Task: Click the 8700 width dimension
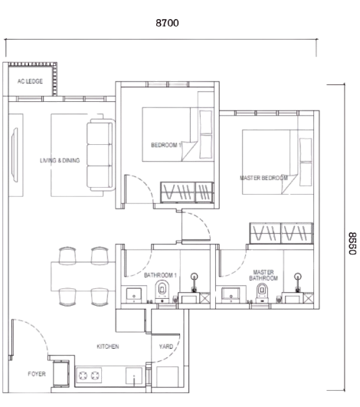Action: pos(167,23)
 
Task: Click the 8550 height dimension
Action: pos(352,243)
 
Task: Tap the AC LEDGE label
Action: pos(30,81)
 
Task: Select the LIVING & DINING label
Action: pos(60,160)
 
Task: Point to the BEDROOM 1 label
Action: pos(166,145)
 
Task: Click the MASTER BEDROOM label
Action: pos(263,178)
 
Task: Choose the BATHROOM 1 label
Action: pos(160,275)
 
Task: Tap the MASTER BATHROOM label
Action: pos(263,275)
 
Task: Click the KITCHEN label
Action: pos(108,346)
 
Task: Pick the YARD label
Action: pos(166,346)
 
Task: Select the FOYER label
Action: pos(37,374)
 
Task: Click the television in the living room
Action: pos(15,155)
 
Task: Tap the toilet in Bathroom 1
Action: pos(162,291)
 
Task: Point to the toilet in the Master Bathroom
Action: pos(262,293)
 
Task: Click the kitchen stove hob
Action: pos(89,375)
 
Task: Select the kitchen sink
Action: pos(134,376)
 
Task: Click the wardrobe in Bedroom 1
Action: pos(187,192)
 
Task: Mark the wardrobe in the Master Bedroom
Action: pos(281,233)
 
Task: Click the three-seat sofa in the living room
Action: pos(100,155)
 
